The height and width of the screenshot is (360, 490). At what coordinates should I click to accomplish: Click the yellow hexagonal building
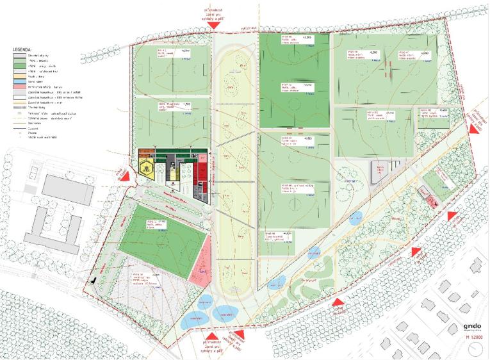pyautogui.click(x=148, y=168)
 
